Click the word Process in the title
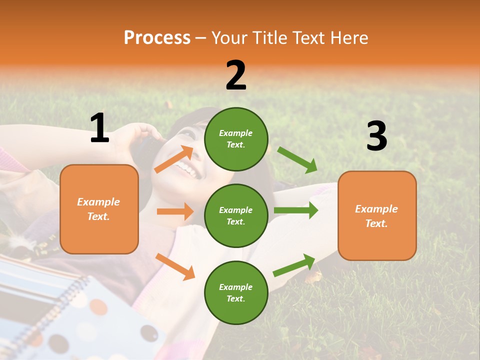point(157,37)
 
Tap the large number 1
point(99,128)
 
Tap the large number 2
point(236,75)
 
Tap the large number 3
point(376,136)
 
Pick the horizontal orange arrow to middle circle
point(175,211)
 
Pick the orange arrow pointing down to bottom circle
point(175,266)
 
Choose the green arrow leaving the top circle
point(297,159)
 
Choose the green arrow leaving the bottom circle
point(294,265)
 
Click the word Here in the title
point(348,37)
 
